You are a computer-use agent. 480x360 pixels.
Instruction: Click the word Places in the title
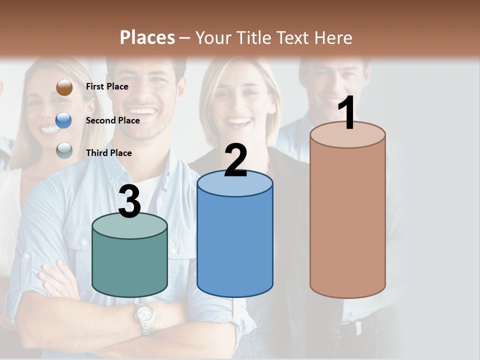pos(147,37)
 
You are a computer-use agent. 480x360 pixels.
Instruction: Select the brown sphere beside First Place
pos(64,87)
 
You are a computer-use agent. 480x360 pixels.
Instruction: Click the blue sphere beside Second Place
pos(64,120)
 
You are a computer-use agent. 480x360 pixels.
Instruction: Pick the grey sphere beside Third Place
pos(64,150)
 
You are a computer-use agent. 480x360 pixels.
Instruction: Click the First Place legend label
pos(107,86)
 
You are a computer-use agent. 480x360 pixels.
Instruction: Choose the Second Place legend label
pos(112,120)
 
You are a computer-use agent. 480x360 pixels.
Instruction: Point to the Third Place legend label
pos(109,153)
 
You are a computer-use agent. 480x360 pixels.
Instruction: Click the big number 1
pos(346,114)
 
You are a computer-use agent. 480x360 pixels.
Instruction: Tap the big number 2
pos(235,160)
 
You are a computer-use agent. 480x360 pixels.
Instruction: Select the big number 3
pos(130,202)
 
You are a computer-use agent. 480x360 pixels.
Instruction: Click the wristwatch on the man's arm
pos(144,316)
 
